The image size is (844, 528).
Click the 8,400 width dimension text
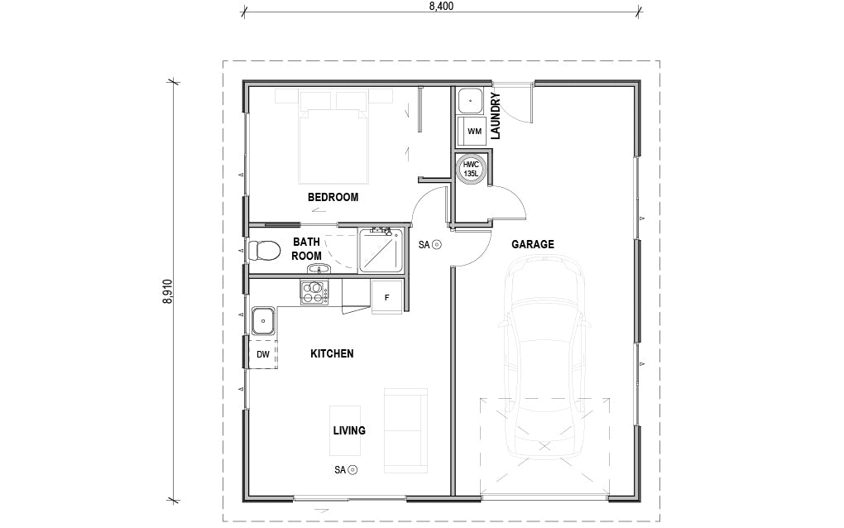441,6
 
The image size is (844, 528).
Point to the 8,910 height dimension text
168,291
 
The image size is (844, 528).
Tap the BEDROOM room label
333,197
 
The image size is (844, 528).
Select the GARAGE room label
532,244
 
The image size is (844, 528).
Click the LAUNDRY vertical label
496,116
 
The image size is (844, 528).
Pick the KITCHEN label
332,353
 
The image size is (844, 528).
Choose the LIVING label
349,430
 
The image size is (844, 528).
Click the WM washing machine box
473,132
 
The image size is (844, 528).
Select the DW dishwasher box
263,354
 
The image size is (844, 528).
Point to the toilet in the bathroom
266,249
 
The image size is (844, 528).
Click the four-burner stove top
314,291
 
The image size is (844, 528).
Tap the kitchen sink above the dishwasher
264,319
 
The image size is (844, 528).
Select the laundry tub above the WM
471,100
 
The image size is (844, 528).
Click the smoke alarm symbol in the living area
353,470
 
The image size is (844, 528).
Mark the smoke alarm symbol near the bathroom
437,244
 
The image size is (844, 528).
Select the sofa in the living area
405,430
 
